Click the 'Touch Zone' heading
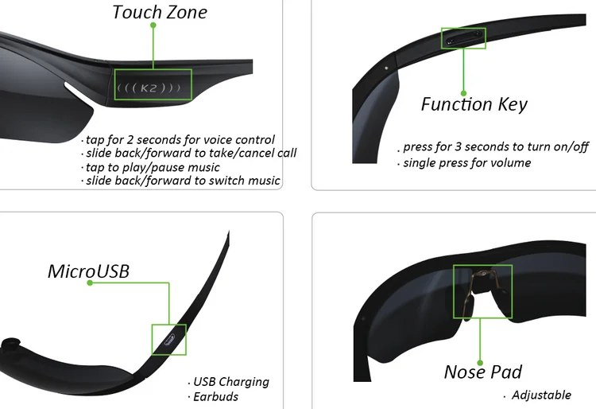(160, 12)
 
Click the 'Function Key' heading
(474, 104)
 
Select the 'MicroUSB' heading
(88, 271)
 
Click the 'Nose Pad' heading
(483, 372)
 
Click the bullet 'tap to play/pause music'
(152, 167)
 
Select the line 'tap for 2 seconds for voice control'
(180, 140)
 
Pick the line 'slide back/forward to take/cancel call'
(191, 153)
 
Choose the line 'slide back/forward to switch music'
(183, 181)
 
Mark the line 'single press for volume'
(466, 162)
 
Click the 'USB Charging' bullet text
(231, 382)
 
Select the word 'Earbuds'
(215, 396)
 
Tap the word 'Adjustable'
(541, 395)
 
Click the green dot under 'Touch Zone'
(154, 25)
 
